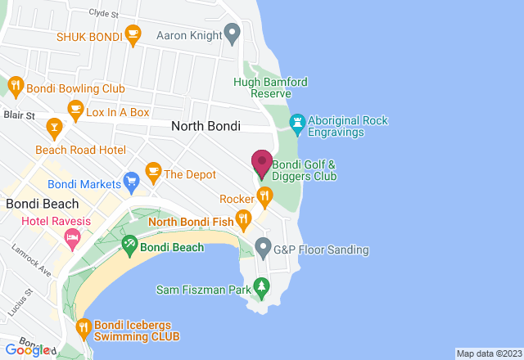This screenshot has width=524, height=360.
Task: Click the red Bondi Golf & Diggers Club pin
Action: click(262, 163)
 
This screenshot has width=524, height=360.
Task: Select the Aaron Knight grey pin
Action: click(232, 34)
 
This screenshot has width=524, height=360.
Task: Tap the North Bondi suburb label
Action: click(206, 126)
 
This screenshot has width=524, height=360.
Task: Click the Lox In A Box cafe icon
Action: click(75, 110)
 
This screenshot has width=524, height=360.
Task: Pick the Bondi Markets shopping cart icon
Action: click(130, 178)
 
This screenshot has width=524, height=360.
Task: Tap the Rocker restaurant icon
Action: click(264, 196)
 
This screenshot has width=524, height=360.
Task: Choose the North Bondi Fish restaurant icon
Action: click(243, 218)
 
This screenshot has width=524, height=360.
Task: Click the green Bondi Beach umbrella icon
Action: click(129, 243)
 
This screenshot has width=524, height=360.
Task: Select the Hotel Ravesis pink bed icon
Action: click(72, 237)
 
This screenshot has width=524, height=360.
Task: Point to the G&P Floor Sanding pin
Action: click(263, 245)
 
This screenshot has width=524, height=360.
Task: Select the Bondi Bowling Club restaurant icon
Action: click(16, 84)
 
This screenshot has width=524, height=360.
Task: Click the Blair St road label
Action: click(20, 116)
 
